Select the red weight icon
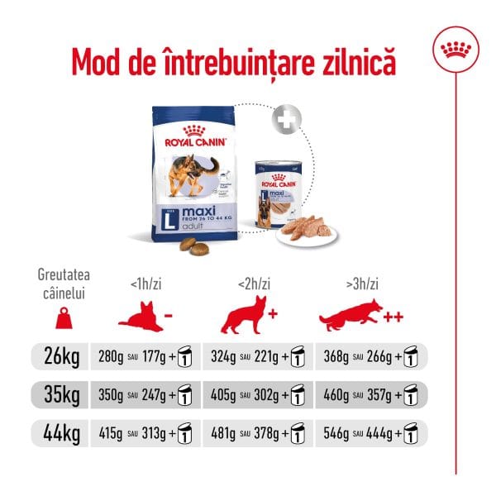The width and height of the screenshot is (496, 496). [59, 318]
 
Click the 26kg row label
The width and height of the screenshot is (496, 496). [60, 358]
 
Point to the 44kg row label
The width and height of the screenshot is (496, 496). [60, 432]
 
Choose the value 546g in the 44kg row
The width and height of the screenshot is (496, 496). [335, 432]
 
